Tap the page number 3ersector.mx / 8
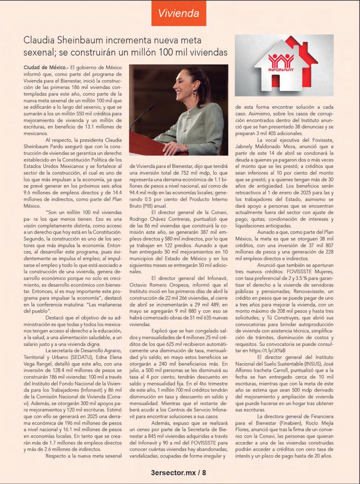coord(179,472)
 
